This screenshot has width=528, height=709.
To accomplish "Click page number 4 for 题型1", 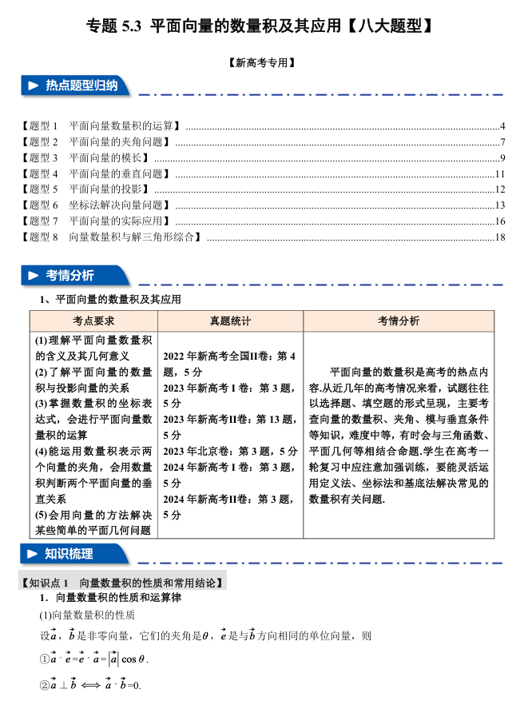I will (x=502, y=126).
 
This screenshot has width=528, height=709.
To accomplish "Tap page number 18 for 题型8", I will (x=501, y=237).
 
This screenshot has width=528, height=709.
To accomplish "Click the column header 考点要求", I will (x=93, y=321).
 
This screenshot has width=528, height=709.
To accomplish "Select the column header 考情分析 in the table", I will (x=398, y=321).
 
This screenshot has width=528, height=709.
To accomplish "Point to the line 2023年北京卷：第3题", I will (x=230, y=451).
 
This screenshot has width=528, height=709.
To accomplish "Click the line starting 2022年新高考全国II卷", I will (x=229, y=356).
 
